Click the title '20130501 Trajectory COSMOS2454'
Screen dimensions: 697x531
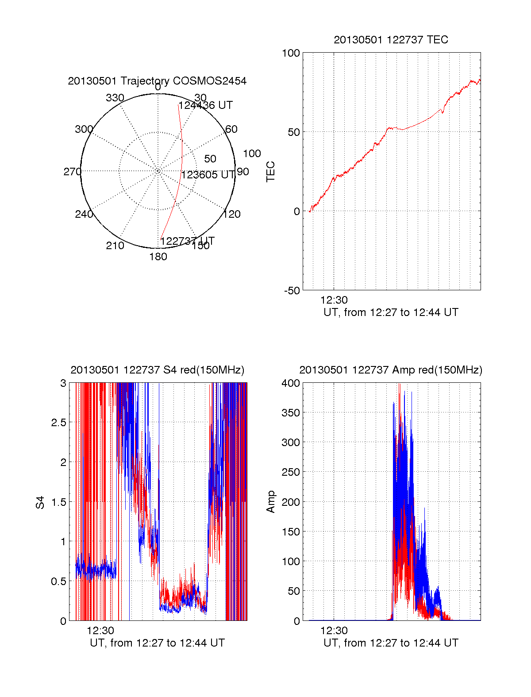pos(157,81)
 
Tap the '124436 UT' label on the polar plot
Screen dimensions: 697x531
pos(205,105)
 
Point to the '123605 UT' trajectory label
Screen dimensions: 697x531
pos(208,175)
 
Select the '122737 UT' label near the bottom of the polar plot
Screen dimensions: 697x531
pos(187,241)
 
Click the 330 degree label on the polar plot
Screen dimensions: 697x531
pos(115,98)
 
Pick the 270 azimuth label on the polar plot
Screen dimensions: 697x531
pos(72,172)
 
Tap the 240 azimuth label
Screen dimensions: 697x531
pos(84,214)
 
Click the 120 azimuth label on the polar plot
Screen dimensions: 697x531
pos(232,214)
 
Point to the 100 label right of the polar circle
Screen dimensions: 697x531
pos(252,154)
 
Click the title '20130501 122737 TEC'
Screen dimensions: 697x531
pos(391,40)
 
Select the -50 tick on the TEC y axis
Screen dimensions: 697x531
pos(292,290)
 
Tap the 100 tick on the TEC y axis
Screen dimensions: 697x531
pos(291,53)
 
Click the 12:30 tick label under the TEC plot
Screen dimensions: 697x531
pos(334,300)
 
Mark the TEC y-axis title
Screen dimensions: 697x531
pos(270,172)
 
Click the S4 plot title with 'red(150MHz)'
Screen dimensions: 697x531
pos(157,370)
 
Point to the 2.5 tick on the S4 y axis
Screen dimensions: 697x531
pos(58,423)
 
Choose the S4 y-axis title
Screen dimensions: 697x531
pos(40,502)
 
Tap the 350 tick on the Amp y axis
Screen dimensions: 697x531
pos(291,413)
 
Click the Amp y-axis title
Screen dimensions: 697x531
pos(270,502)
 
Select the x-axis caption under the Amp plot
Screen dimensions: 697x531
pos(391,643)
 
